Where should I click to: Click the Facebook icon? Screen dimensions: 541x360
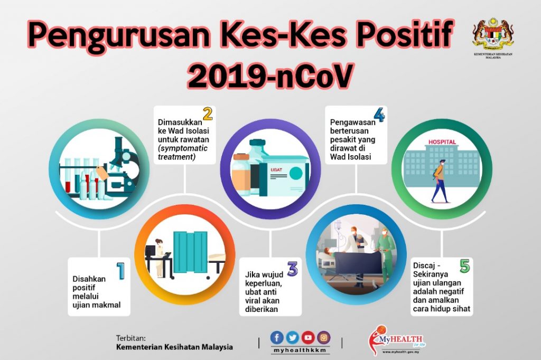(x=277, y=338)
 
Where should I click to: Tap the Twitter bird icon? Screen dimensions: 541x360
(x=292, y=338)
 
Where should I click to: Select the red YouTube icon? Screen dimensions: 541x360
(x=308, y=338)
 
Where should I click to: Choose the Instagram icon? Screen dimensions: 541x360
(x=323, y=338)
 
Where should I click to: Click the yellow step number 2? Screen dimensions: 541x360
(x=207, y=114)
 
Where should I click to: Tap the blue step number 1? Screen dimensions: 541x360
(x=121, y=271)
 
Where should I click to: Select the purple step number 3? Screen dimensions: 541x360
(x=292, y=269)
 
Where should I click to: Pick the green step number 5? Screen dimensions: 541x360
(x=465, y=266)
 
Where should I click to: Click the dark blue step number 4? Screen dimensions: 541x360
(x=379, y=115)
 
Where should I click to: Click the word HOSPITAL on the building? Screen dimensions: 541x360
(x=442, y=141)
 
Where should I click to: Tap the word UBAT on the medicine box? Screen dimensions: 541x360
(x=276, y=169)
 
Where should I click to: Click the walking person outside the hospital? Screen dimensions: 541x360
(x=439, y=182)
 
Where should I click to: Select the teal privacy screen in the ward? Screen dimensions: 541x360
(x=190, y=252)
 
